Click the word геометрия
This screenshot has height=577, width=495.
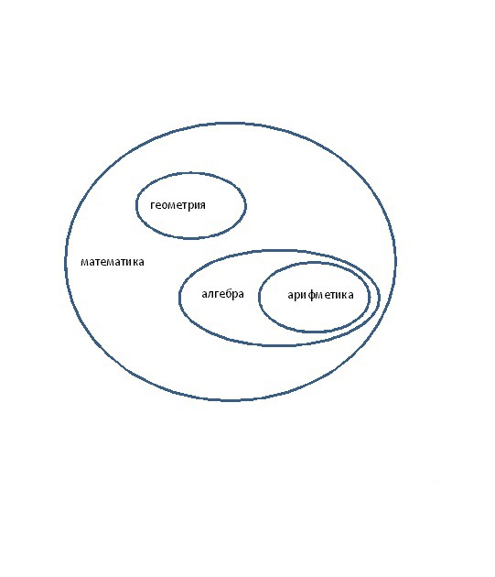[178, 205]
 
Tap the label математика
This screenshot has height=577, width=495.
[113, 262]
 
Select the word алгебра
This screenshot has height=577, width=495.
[222, 294]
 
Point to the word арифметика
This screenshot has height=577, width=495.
[320, 295]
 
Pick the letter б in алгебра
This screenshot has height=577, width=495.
[228, 293]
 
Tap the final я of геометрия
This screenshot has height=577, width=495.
[202, 205]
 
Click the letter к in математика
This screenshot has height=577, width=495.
[135, 262]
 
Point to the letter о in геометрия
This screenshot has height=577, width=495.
[164, 205]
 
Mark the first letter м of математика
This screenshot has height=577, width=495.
[84, 262]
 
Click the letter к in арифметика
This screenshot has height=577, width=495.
[345, 295]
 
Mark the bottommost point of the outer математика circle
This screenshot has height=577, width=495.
[230, 399]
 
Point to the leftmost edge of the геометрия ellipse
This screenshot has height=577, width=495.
[136, 205]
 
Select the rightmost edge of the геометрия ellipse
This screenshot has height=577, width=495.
[245, 205]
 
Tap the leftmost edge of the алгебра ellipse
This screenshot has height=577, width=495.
[179, 298]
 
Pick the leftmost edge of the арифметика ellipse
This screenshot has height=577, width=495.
[259, 297]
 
